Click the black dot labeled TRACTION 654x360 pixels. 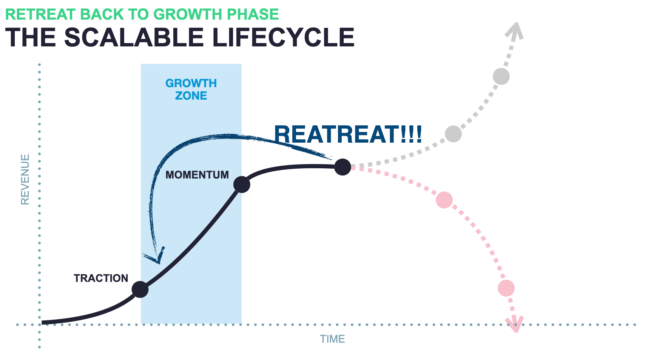pyautogui.click(x=140, y=289)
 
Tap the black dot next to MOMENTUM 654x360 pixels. pyautogui.click(x=242, y=185)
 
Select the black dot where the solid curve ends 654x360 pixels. pyautogui.click(x=343, y=167)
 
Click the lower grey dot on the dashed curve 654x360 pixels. pyautogui.click(x=453, y=134)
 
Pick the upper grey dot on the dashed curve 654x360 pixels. pyautogui.click(x=501, y=77)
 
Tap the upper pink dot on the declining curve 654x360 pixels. pyautogui.click(x=444, y=200)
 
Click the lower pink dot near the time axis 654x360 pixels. pyautogui.click(x=506, y=288)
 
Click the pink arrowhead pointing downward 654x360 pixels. pyautogui.click(x=515, y=325)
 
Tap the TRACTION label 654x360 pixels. pyautogui.click(x=101, y=278)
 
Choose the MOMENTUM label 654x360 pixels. pyautogui.click(x=197, y=175)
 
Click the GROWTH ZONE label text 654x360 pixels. pyautogui.click(x=191, y=89)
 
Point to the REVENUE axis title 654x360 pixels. pyautogui.click(x=25, y=179)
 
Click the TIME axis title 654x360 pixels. pyautogui.click(x=333, y=339)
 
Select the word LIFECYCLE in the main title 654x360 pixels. pyautogui.click(x=283, y=37)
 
